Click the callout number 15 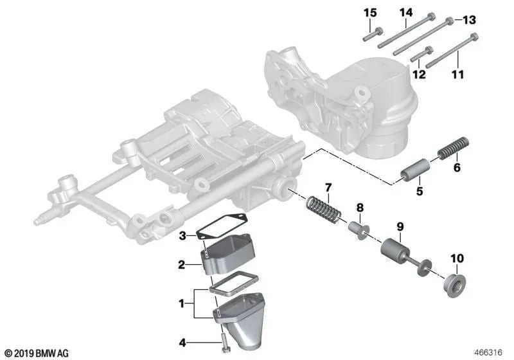coord(370,13)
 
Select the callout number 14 coord(406,12)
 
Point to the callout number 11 coord(458,74)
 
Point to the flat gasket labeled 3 coord(218,227)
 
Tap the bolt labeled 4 coord(222,339)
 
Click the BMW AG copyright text coord(36,353)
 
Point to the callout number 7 coord(328,187)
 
